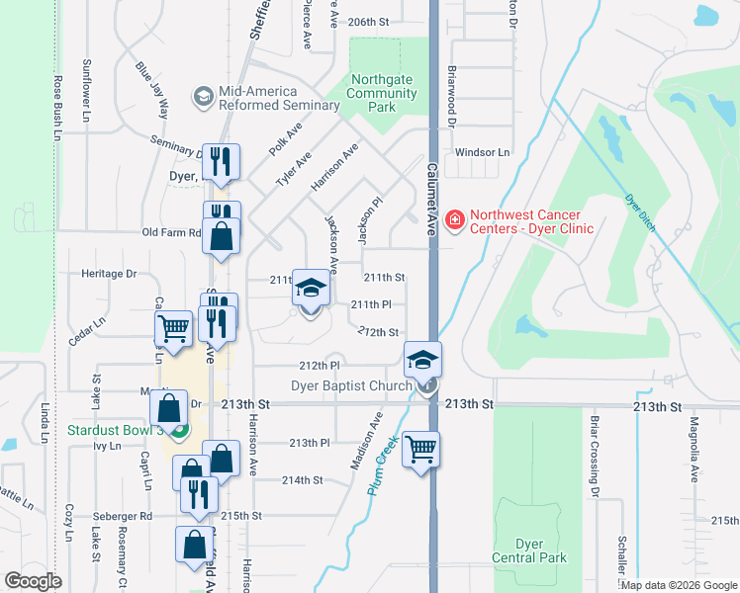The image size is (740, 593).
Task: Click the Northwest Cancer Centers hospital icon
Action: (x=455, y=218)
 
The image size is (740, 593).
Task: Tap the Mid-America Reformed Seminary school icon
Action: (x=204, y=96)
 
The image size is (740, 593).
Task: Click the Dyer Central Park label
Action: (x=542, y=551)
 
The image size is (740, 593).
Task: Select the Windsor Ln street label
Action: (x=482, y=152)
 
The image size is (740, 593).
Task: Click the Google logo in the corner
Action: (x=33, y=581)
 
